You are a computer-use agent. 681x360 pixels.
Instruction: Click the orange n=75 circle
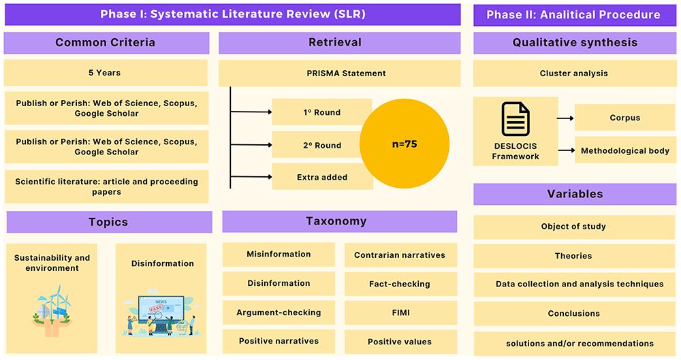coord(405,144)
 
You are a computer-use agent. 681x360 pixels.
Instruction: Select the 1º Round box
coord(322,112)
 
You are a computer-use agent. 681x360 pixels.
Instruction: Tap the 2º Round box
coord(322,145)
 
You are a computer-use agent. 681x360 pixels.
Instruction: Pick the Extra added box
coord(322,177)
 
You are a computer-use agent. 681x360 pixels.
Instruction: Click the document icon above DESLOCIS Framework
coord(516,119)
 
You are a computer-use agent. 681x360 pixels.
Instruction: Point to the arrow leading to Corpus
coord(565,118)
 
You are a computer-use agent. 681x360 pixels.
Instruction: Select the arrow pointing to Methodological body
coord(567,150)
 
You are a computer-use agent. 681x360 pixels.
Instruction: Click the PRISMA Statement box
coord(340,73)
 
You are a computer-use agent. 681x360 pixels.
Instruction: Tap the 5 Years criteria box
coord(106,73)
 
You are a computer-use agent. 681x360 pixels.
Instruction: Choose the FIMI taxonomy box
coord(400,312)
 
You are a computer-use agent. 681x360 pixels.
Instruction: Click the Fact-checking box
coord(400,284)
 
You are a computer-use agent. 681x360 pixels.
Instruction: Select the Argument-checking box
coord(279,312)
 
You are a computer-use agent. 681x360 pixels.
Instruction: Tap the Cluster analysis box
coord(575,73)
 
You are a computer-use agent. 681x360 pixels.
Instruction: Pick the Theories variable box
coord(574,256)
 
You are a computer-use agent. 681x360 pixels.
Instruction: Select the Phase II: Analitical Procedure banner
coord(575,15)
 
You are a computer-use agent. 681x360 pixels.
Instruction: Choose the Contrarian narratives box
coord(400,255)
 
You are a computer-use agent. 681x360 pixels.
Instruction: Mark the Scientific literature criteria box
coord(106,186)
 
